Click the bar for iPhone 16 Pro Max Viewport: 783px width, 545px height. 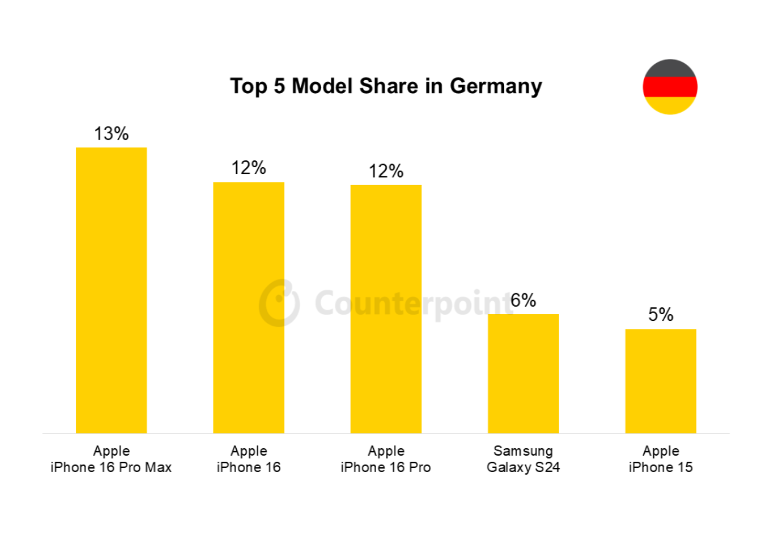[x=111, y=290]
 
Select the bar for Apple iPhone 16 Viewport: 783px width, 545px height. [x=248, y=307]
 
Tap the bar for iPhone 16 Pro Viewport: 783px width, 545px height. [x=386, y=309]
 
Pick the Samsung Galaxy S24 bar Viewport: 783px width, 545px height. [x=523, y=374]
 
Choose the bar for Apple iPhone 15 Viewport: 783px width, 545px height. [x=661, y=381]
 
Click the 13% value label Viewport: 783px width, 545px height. [x=111, y=133]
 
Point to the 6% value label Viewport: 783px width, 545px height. [x=523, y=300]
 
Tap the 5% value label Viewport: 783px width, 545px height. [x=661, y=315]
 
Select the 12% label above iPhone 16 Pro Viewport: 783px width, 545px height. [x=386, y=171]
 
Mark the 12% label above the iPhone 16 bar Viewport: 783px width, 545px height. [x=248, y=168]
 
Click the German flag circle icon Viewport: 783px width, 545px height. [x=670, y=87]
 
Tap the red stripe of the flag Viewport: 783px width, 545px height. [x=670, y=87]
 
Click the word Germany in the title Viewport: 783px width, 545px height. [x=495, y=86]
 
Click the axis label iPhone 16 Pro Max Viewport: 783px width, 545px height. [x=111, y=467]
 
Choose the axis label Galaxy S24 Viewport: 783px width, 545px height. [x=523, y=467]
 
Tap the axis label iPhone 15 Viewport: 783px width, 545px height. [x=661, y=467]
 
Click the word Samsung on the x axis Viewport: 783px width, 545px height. [x=523, y=451]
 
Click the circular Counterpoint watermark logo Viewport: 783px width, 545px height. [x=279, y=302]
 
